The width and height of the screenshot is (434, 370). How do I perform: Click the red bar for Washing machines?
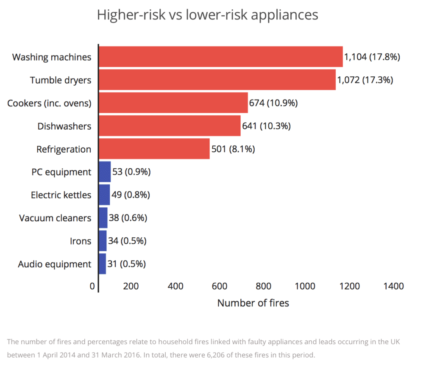coord(220,57)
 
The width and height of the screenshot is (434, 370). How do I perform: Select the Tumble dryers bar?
coord(217,80)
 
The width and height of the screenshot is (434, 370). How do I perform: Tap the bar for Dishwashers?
coord(170,126)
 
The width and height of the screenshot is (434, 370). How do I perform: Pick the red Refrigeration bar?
coord(154,149)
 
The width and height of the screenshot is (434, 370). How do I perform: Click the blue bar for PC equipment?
coord(105,172)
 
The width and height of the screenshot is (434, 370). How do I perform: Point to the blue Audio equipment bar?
coord(102,264)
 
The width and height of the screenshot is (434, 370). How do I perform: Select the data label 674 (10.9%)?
coord(273,103)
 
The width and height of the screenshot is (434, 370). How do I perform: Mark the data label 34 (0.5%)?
coord(127,241)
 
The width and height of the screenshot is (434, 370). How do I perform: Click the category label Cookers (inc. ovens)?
coord(49,103)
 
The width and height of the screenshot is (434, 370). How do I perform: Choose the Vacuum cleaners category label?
coord(55,218)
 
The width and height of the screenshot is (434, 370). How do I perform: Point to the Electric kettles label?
coord(61,195)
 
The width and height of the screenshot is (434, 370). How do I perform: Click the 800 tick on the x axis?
coord(264,287)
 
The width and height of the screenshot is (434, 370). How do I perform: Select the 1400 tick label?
coord(393,287)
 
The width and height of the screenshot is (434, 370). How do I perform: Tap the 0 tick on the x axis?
coord(92,287)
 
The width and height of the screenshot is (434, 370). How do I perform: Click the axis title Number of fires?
coord(253,303)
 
